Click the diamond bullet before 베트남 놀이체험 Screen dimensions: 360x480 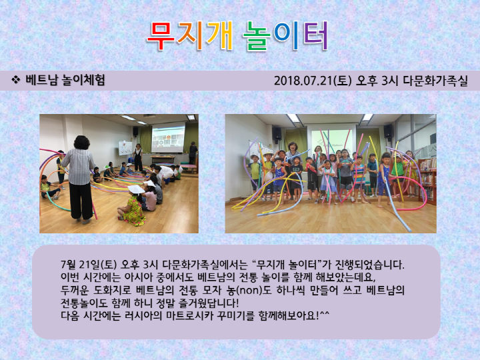pos(15,80)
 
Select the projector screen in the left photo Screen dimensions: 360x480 pos(167,137)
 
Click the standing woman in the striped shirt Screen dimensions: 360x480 pos(78,173)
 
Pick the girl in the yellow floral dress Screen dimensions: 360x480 pos(133,206)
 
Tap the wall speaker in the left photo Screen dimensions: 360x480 pos(135,132)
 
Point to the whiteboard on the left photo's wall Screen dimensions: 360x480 pos(125,147)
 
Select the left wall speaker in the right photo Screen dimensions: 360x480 pos(276,134)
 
